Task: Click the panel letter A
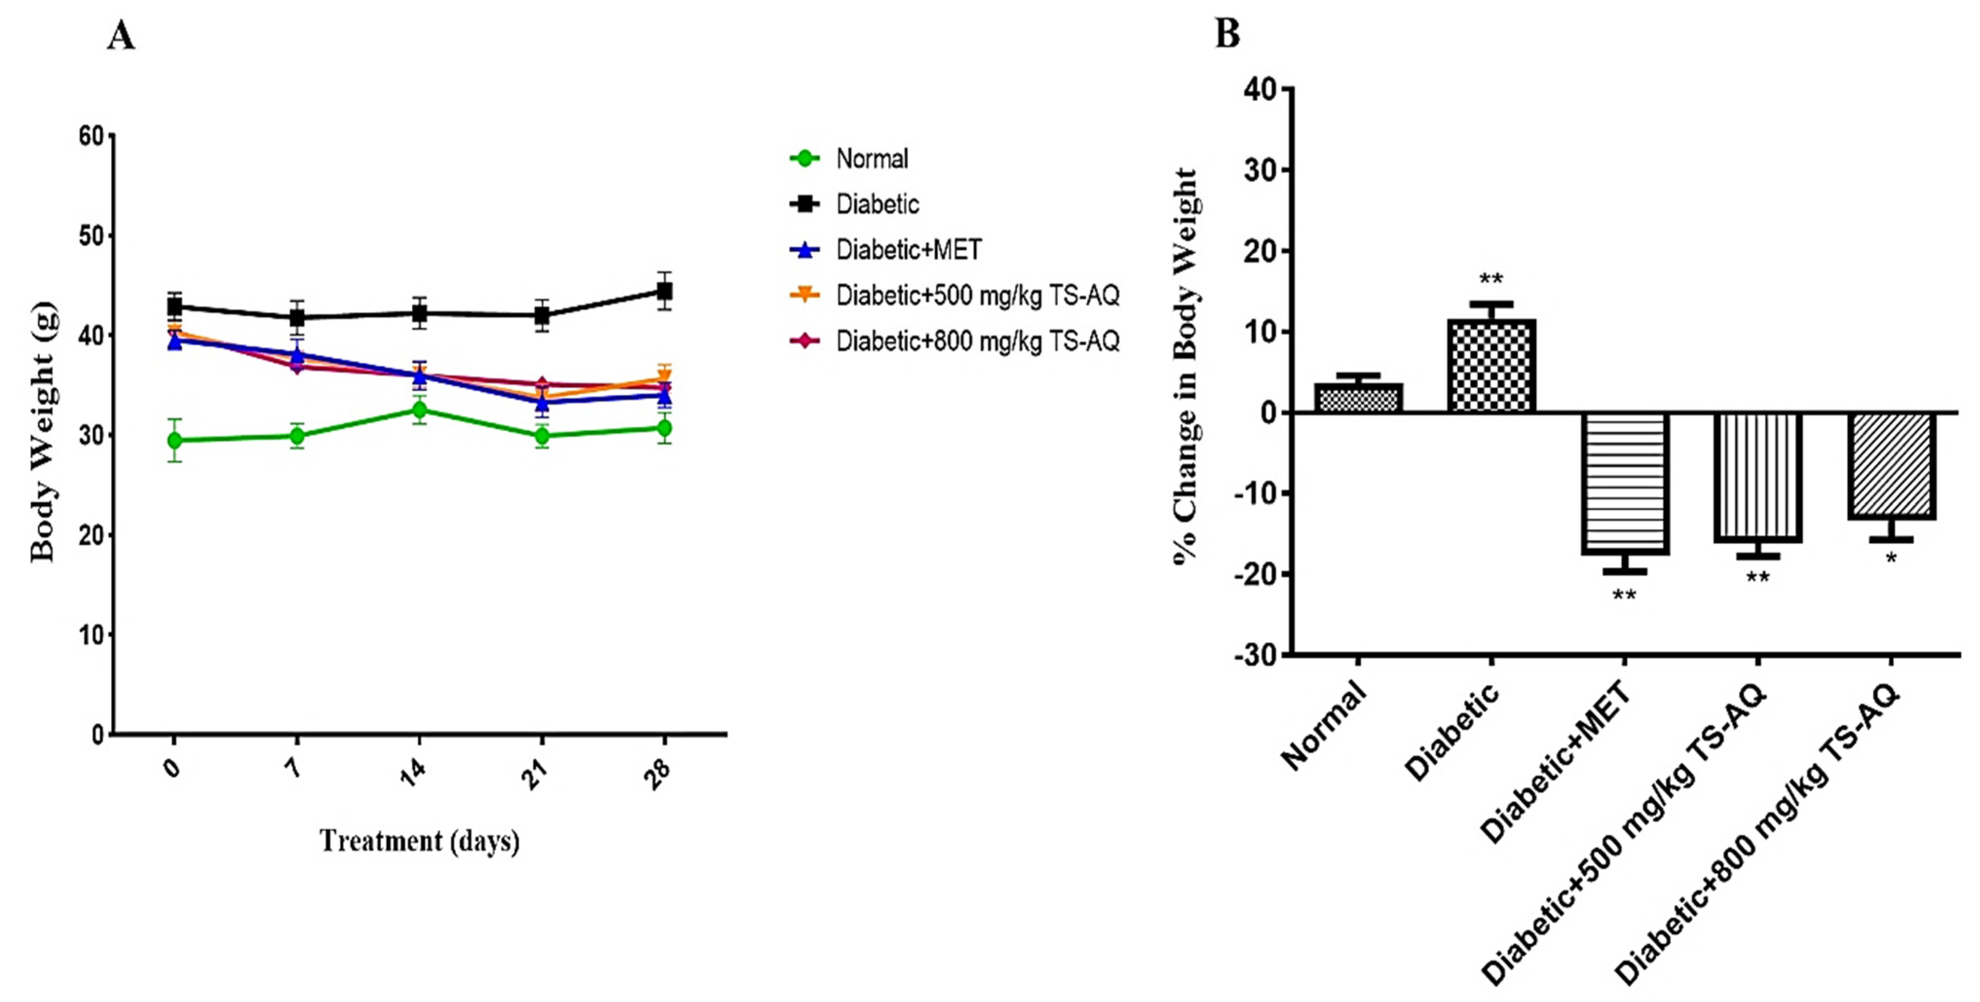click(121, 36)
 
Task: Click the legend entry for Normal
click(872, 159)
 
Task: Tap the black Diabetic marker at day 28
click(664, 291)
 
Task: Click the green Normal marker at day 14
click(419, 410)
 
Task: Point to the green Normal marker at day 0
click(174, 440)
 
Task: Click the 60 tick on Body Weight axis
click(91, 136)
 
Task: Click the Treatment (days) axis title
click(420, 840)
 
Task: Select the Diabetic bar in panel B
click(1491, 366)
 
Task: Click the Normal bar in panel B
click(1358, 398)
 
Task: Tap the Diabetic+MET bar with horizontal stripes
click(1624, 483)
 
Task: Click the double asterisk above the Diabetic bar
click(1491, 279)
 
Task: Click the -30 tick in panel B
click(1254, 656)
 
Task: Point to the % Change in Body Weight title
click(1185, 367)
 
